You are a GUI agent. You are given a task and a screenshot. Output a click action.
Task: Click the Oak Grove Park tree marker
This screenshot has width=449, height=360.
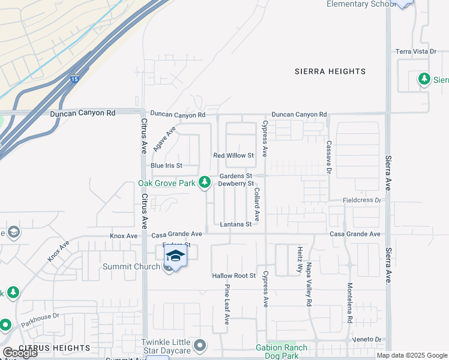[205, 181]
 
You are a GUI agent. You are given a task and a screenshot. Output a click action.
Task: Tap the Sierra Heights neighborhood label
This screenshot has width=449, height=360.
[330, 71]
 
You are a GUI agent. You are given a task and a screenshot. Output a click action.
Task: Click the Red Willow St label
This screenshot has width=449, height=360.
[234, 155]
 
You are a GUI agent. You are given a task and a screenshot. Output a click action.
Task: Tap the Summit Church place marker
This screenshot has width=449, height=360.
[169, 267]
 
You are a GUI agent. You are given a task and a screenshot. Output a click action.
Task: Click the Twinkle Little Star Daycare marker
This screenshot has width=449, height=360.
[200, 346]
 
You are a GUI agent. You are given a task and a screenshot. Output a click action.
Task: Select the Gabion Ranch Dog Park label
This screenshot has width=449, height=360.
[282, 351]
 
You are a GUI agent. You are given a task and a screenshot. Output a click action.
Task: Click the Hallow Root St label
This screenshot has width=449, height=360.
[234, 276]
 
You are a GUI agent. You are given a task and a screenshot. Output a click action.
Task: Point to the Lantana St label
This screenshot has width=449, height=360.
[235, 224]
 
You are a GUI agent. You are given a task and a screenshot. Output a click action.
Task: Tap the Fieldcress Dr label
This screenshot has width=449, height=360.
[362, 200]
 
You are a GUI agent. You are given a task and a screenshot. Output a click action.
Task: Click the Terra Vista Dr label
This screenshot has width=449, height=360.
[415, 52]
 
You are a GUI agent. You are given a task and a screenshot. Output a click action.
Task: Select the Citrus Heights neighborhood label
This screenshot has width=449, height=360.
[55, 348]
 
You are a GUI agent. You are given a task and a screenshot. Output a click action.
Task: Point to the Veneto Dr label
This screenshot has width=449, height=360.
[367, 340]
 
